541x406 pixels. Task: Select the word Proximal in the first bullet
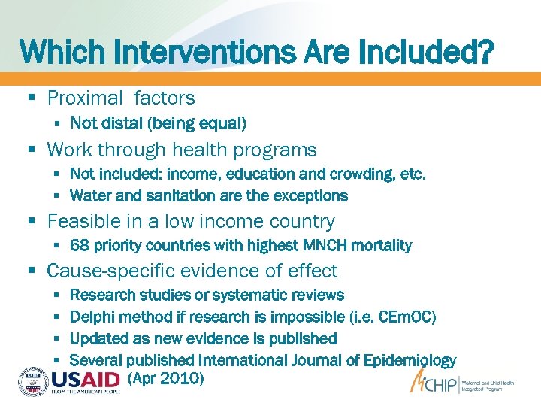[85, 98]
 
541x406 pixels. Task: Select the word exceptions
[310, 195]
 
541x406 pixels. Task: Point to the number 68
[79, 245]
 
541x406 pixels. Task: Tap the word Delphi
[91, 317]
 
